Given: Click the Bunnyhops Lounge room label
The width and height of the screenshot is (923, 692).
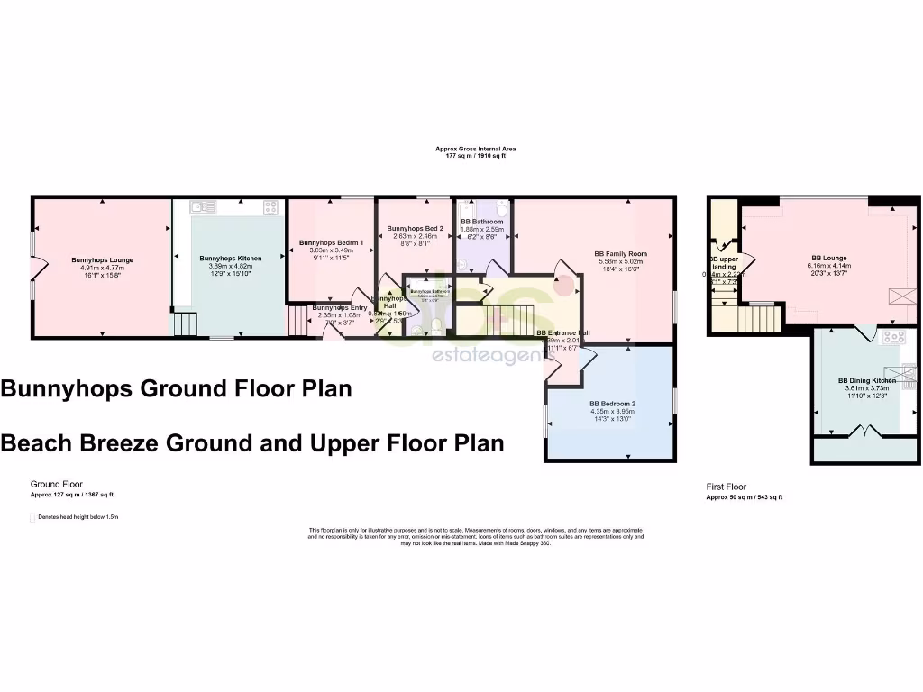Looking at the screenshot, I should point(102,260).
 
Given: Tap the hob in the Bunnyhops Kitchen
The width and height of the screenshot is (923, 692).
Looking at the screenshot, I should point(270,207).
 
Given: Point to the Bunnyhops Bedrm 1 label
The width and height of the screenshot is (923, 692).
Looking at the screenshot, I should point(331,243).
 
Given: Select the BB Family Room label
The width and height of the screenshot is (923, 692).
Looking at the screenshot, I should point(620,254).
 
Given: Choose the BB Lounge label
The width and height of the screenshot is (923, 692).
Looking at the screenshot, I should point(829,258).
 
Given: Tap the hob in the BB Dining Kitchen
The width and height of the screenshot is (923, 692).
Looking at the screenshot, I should point(894,337).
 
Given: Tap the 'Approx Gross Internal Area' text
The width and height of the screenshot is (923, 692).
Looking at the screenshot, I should point(475,149).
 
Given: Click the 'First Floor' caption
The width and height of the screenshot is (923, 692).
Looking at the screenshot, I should point(726,487).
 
